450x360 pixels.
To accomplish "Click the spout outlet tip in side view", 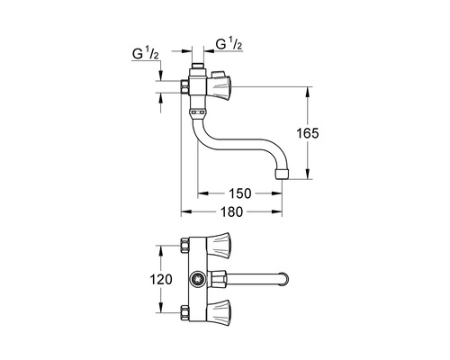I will click(x=284, y=171).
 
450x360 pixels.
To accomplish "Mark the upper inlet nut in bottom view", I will click(x=186, y=246).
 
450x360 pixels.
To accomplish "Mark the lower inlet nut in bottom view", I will click(x=186, y=311).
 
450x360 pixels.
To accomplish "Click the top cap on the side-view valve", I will click(x=199, y=69).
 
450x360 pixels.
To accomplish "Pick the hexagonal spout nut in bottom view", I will click(x=218, y=279).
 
